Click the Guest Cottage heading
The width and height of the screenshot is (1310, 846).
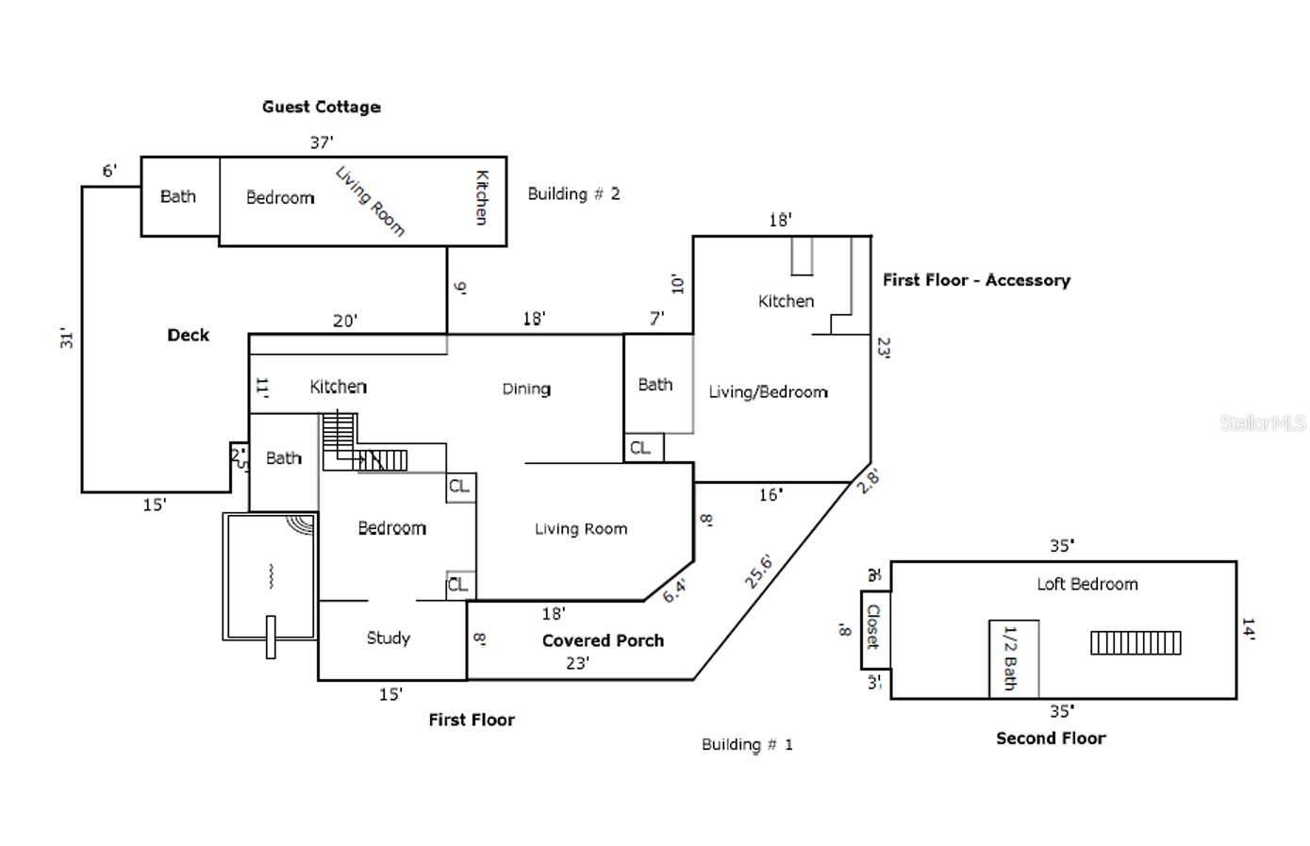click(321, 107)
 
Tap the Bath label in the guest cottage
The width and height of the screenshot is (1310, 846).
click(178, 196)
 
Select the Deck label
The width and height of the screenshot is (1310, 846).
click(188, 335)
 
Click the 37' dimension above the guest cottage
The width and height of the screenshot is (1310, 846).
click(322, 142)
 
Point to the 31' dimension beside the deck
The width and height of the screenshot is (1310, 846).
click(67, 339)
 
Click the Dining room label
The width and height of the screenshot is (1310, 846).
click(526, 389)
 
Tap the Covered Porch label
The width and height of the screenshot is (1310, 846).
click(603, 640)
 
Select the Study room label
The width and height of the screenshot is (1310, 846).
click(388, 639)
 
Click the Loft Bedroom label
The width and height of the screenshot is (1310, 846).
click(1086, 584)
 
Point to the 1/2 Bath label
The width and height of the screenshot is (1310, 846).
click(1009, 657)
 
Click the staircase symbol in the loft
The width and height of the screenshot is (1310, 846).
click(1136, 642)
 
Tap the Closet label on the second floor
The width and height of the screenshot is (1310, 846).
click(873, 627)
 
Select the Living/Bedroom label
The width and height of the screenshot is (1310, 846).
click(768, 391)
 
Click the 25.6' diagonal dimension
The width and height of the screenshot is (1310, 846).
click(758, 572)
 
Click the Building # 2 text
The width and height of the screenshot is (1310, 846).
click(573, 193)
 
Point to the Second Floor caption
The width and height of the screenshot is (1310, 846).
click(1051, 738)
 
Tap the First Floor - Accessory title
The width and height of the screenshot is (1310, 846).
click(976, 280)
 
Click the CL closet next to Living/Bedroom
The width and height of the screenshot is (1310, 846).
click(640, 447)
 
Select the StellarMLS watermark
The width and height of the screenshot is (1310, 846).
click(1263, 423)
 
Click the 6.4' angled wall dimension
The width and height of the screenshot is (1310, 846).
click(674, 591)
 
